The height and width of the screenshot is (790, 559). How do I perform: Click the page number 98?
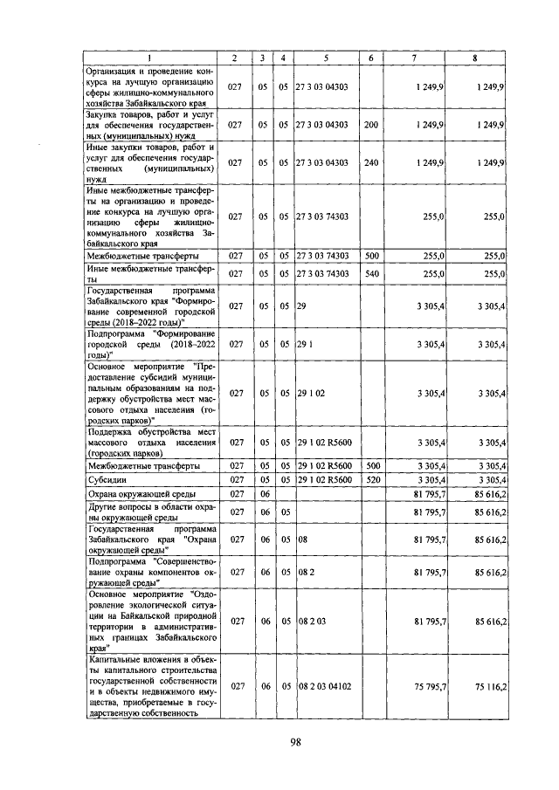pyautogui.click(x=295, y=743)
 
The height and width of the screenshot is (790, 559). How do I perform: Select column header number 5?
pyautogui.click(x=326, y=58)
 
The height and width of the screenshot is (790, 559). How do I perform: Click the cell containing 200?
pyautogui.click(x=370, y=126)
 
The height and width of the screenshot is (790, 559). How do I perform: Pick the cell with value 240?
pyautogui.click(x=370, y=163)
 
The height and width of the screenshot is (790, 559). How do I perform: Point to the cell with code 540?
pyautogui.click(x=370, y=274)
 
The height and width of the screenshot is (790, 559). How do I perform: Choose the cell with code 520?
pyautogui.click(x=370, y=481)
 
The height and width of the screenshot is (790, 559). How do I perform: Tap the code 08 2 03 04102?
pyautogui.click(x=324, y=687)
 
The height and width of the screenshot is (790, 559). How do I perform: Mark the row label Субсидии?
pyautogui.click(x=104, y=481)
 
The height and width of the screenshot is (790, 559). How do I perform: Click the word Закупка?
pyautogui.click(x=104, y=113)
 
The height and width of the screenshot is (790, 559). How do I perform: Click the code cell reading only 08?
pyautogui.click(x=302, y=541)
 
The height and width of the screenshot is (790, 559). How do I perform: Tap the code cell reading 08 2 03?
pyautogui.click(x=310, y=622)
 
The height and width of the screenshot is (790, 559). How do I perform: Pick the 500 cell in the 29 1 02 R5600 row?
pyautogui.click(x=370, y=466)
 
